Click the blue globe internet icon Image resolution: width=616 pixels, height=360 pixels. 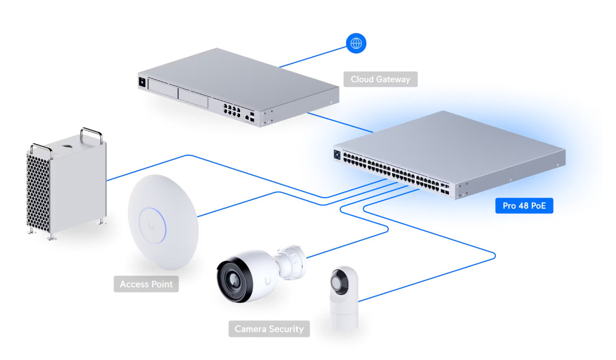pos(356,43)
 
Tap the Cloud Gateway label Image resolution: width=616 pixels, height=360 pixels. pos(380,79)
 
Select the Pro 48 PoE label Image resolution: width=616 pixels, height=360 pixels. pos(524,206)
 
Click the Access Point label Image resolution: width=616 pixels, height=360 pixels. pos(146,284)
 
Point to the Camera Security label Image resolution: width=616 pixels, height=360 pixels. pos(269,329)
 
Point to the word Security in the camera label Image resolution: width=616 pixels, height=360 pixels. pos(286,329)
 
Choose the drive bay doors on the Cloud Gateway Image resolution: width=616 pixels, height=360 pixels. pos(179,96)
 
